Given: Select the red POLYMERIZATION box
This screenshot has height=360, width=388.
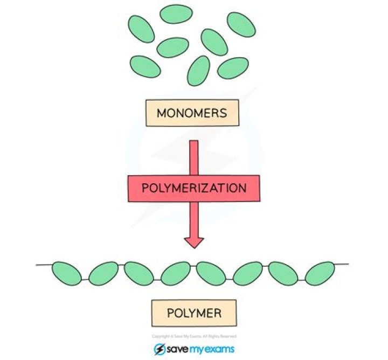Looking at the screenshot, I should pyautogui.click(x=193, y=188).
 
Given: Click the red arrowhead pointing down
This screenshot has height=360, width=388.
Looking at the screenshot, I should pyautogui.click(x=194, y=240).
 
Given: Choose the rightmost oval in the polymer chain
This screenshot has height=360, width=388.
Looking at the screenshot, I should pyautogui.click(x=320, y=273).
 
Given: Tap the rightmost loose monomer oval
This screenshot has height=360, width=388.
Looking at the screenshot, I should pyautogui.click(x=241, y=24).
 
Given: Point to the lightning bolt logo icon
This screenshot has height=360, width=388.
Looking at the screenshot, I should pyautogui.click(x=160, y=348).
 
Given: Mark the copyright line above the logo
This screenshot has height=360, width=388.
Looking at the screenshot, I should pyautogui.click(x=193, y=335).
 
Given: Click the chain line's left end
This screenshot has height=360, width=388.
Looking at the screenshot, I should pyautogui.click(x=38, y=265).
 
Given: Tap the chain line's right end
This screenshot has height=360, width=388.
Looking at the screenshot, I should pyautogui.click(x=347, y=264).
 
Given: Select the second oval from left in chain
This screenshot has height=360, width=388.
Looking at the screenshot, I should pyautogui.click(x=103, y=273).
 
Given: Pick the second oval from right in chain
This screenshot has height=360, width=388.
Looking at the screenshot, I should pyautogui.click(x=283, y=273).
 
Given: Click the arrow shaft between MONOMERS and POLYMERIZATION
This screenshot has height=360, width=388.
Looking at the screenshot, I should pyautogui.click(x=194, y=156).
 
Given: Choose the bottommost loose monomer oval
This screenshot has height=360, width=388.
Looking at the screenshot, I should pyautogui.click(x=198, y=71).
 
